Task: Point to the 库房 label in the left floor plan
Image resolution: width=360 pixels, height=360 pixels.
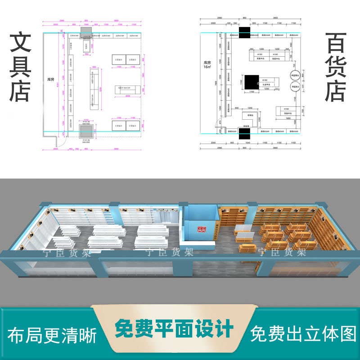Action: tap(51, 79)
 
